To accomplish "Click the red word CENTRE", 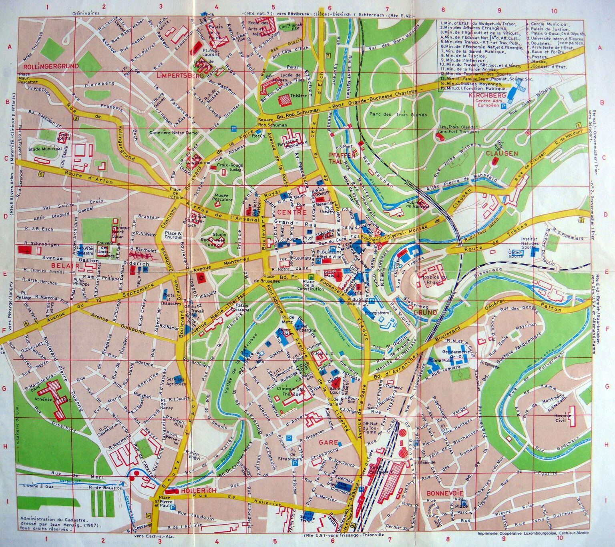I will (286, 212).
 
